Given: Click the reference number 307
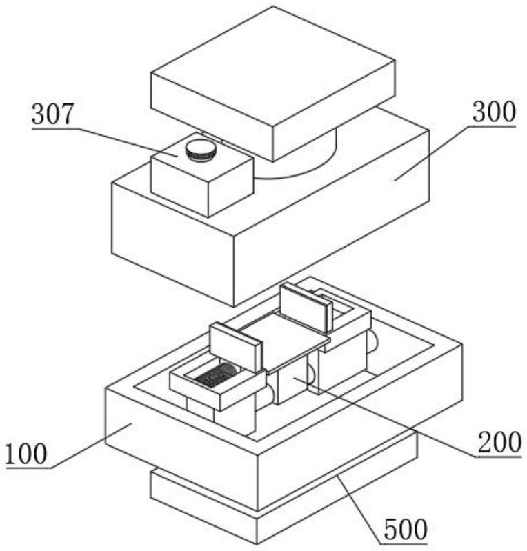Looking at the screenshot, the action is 52,114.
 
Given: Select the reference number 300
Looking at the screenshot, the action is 494,112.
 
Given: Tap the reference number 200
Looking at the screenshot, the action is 499,442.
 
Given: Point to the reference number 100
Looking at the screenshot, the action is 26,454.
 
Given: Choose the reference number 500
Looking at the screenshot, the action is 406,529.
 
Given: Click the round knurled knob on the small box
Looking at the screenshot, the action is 201,150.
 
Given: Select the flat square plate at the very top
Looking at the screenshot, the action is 273,83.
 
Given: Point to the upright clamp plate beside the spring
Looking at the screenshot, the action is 237,347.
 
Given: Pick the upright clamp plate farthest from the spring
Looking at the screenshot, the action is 306,308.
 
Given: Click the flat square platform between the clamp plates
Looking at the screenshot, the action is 283,339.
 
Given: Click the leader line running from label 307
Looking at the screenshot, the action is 126,142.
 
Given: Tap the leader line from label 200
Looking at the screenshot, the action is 385,417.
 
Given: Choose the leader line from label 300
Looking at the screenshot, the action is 433,153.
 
